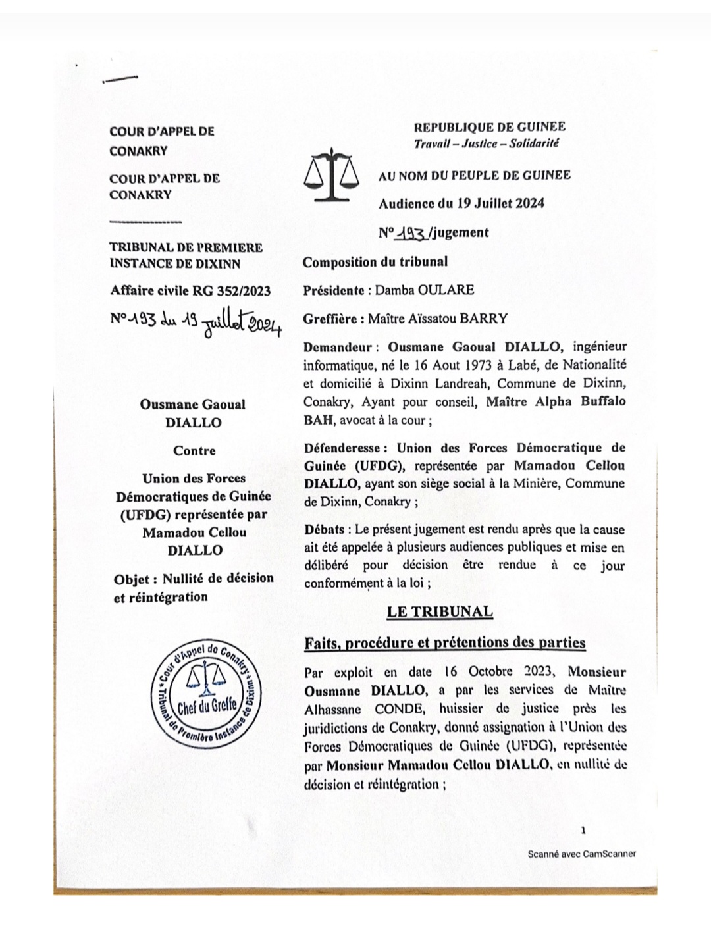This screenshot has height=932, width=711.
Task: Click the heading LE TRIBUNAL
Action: click(440, 611)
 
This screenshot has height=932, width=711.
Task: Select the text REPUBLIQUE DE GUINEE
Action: click(489, 127)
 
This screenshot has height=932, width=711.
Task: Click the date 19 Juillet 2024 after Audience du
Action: click(501, 203)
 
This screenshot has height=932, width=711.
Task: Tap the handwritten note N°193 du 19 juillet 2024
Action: click(196, 323)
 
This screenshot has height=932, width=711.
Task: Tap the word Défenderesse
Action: click(342, 448)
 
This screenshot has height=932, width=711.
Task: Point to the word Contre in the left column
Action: click(194, 451)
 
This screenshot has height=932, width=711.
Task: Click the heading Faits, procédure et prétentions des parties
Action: click(444, 642)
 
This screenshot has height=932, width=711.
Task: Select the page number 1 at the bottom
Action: click(583, 831)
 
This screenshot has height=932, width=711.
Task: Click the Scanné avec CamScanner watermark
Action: click(582, 854)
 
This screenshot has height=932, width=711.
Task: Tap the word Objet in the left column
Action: click(134, 579)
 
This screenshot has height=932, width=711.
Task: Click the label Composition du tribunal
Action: click(375, 261)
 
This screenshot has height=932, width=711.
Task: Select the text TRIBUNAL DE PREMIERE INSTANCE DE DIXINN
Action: click(186, 255)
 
